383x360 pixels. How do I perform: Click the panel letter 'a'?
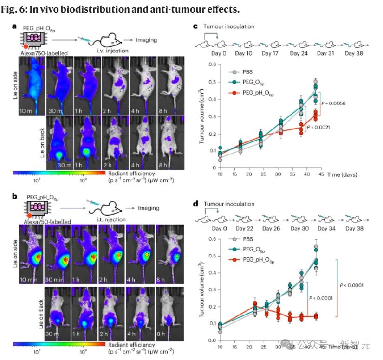coord(14,27)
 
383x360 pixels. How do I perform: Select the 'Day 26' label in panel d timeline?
coord(273,229)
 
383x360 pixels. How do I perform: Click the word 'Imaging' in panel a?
coord(146,40)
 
